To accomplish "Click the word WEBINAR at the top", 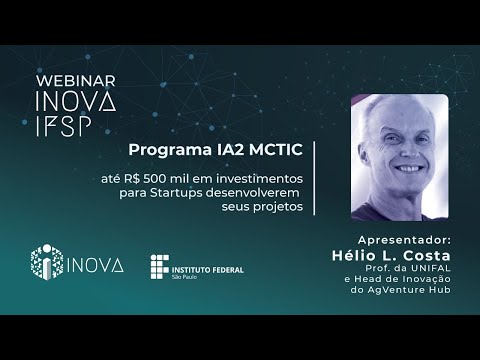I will click(x=75, y=80).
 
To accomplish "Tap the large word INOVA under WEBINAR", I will click(x=75, y=102).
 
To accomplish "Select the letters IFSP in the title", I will click(x=62, y=126).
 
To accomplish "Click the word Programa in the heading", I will click(x=163, y=149).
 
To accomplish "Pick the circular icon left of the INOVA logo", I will click(x=47, y=263).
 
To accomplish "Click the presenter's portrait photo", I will click(x=399, y=157).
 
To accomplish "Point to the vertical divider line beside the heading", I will click(x=315, y=176).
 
